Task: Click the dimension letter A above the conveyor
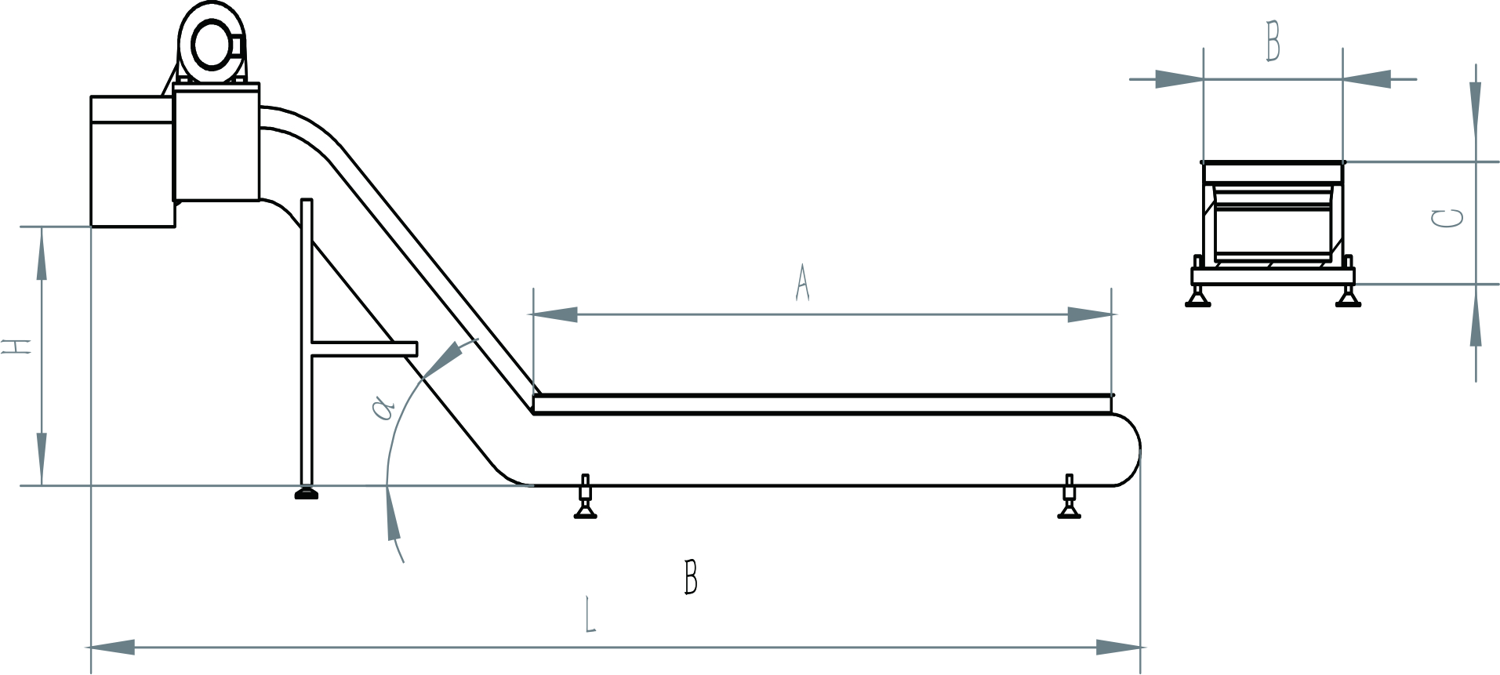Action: [801, 283]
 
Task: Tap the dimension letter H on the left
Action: [16, 347]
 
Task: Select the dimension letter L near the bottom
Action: [590, 614]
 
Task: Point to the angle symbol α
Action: [383, 408]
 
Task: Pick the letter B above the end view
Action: [1273, 42]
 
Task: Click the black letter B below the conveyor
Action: [691, 577]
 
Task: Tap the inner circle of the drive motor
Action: [211, 44]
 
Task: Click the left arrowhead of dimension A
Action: [554, 314]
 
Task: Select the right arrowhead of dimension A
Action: [1091, 314]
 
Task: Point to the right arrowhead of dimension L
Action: [1119, 648]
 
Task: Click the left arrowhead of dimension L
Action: [111, 648]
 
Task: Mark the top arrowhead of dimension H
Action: [42, 253]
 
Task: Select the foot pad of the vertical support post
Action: [307, 493]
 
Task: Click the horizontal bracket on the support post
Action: [365, 349]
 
